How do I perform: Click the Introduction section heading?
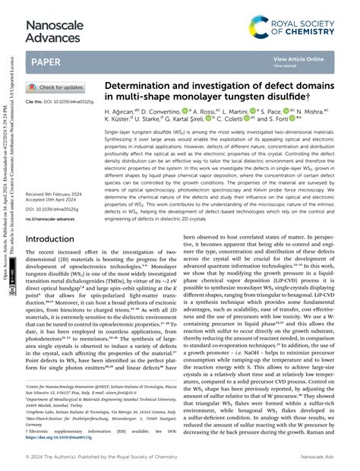54,238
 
